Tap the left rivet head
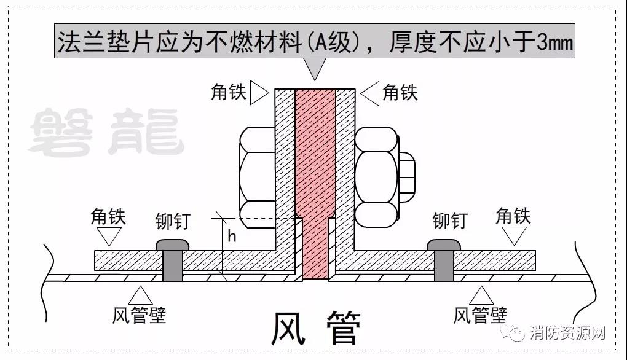[172, 244]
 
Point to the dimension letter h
[232, 236]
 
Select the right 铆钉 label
[450, 220]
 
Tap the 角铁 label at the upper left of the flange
[228, 92]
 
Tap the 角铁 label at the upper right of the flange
[400, 92]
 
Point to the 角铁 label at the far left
[108, 216]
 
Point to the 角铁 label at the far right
[513, 216]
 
